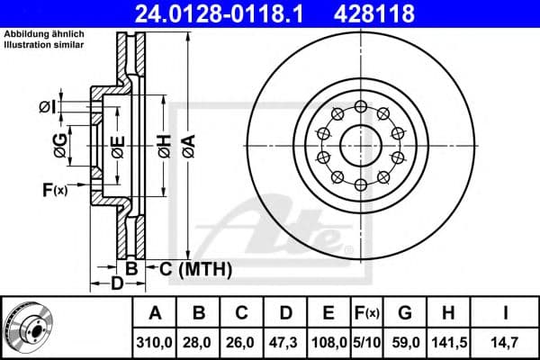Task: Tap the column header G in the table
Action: [x=405, y=313]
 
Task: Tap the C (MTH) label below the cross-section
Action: [x=191, y=268]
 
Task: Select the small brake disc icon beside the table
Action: [x=28, y=327]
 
